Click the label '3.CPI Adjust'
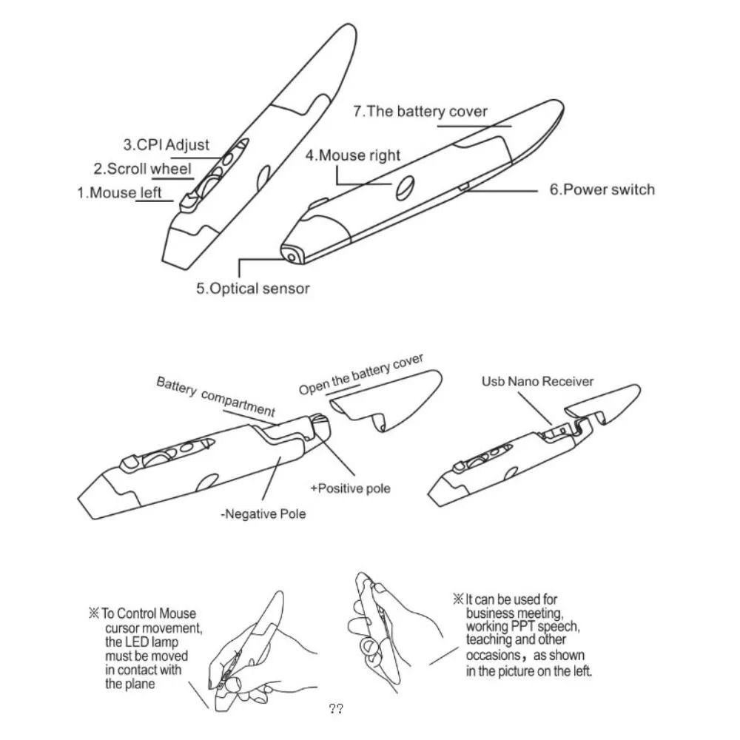tap(166, 145)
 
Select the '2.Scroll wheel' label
tap(142, 169)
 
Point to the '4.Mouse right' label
tap(353, 155)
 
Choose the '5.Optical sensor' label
tap(252, 289)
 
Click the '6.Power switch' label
tap(602, 189)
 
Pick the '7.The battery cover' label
tap(420, 112)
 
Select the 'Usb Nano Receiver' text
tap(537, 382)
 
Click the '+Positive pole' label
tap(350, 488)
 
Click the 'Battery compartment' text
tap(215, 396)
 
